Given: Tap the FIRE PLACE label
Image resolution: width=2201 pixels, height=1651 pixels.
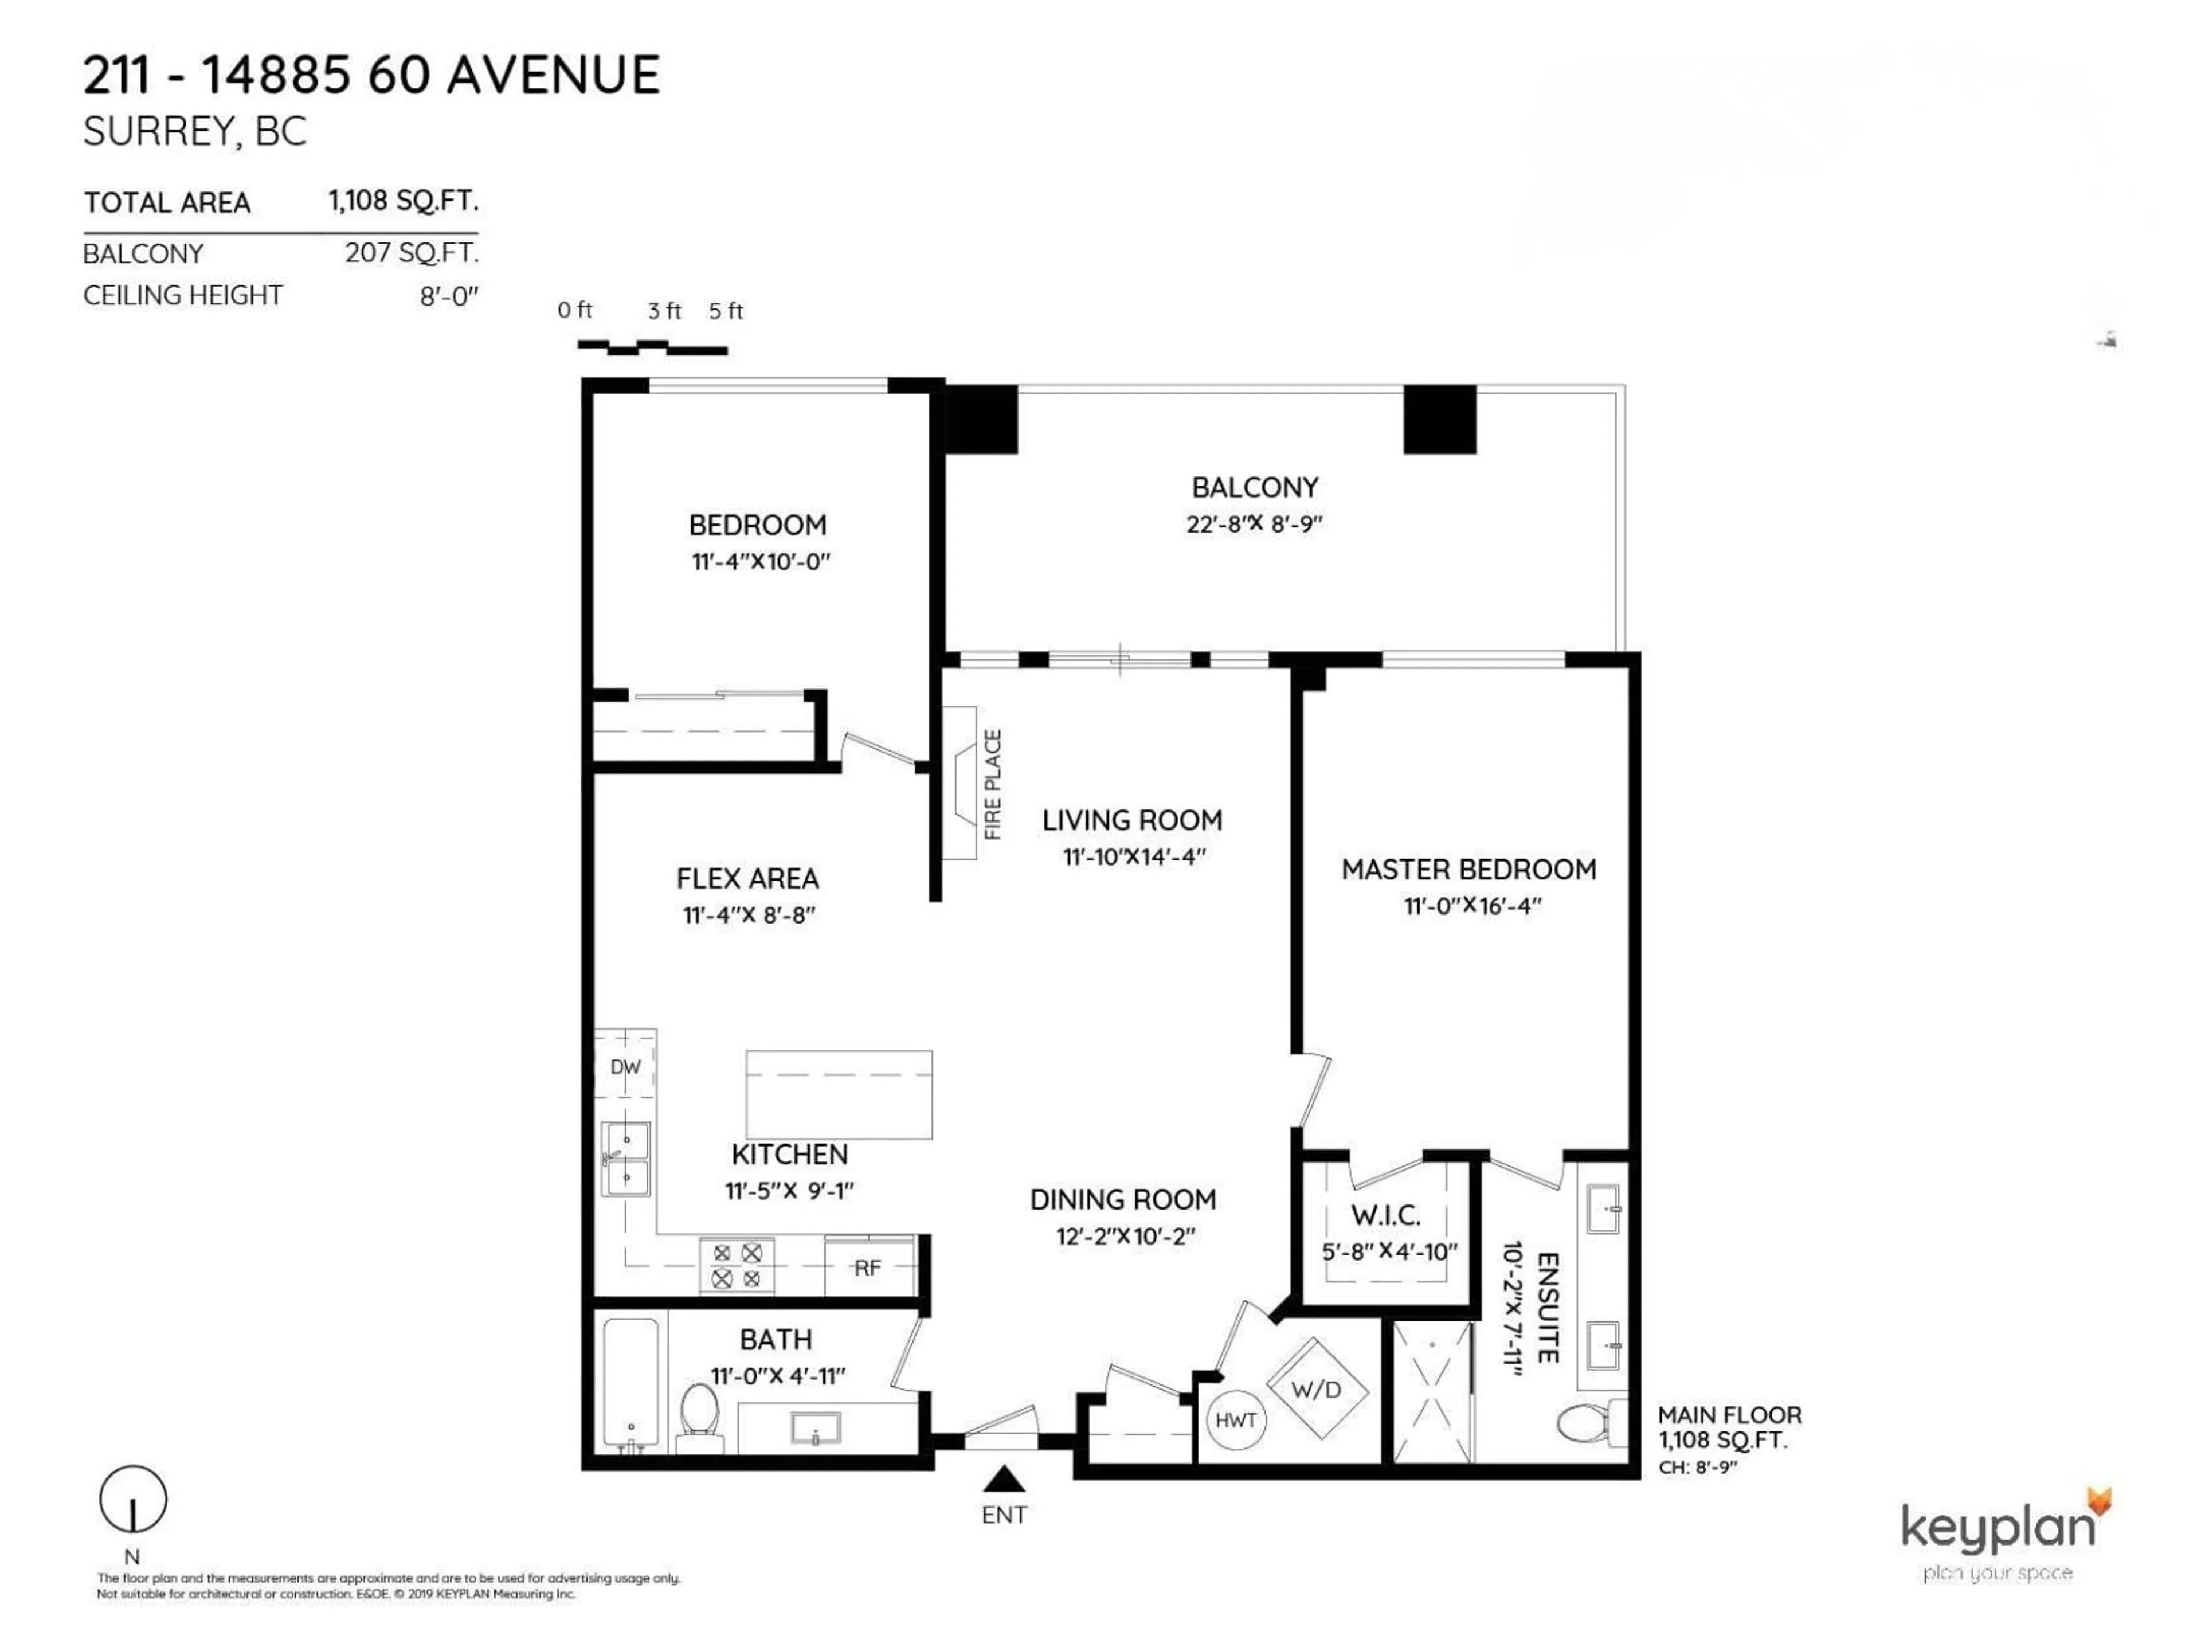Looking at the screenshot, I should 992,784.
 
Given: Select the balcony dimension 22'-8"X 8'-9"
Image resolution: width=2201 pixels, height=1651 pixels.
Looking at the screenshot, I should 1254,523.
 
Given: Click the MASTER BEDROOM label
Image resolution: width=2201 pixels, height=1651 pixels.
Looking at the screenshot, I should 1468,869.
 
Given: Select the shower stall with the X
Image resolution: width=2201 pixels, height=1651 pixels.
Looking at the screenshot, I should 1431,1392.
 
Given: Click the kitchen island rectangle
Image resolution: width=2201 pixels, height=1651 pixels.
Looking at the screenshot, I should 839,1094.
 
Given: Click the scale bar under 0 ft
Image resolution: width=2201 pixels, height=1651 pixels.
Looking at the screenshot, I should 652,347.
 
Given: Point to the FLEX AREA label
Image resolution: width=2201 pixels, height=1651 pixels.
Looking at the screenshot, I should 747,879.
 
